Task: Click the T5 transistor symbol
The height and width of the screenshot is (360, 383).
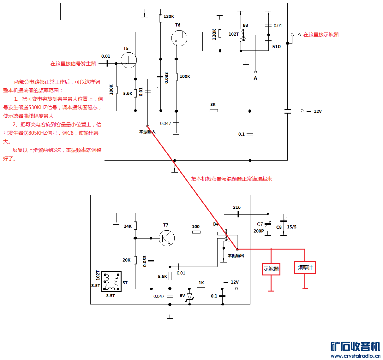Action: [x=129, y=60]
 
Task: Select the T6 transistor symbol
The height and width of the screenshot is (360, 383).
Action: [x=179, y=38]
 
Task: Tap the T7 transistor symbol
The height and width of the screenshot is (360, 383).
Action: [x=166, y=238]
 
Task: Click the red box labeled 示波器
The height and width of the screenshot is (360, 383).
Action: [x=271, y=269]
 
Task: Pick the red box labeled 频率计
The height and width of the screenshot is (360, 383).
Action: [x=305, y=268]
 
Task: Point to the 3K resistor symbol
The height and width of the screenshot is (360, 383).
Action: [x=214, y=111]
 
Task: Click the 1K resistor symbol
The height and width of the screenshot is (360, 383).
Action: [x=201, y=289]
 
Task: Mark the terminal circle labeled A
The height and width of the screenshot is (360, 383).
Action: [x=255, y=72]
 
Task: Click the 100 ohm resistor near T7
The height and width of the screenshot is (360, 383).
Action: [x=196, y=232]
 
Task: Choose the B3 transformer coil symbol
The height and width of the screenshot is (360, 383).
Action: [x=242, y=35]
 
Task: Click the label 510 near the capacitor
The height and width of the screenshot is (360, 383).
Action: [x=276, y=47]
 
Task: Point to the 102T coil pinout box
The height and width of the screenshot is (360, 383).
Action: [x=111, y=281]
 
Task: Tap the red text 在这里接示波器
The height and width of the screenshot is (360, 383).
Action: [x=321, y=35]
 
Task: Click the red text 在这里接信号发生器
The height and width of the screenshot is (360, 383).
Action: [x=73, y=64]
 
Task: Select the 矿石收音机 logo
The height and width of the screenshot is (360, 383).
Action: [x=355, y=346]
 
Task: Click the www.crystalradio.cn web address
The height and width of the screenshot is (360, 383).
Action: [x=355, y=356]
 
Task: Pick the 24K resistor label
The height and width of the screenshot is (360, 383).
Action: [x=128, y=226]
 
